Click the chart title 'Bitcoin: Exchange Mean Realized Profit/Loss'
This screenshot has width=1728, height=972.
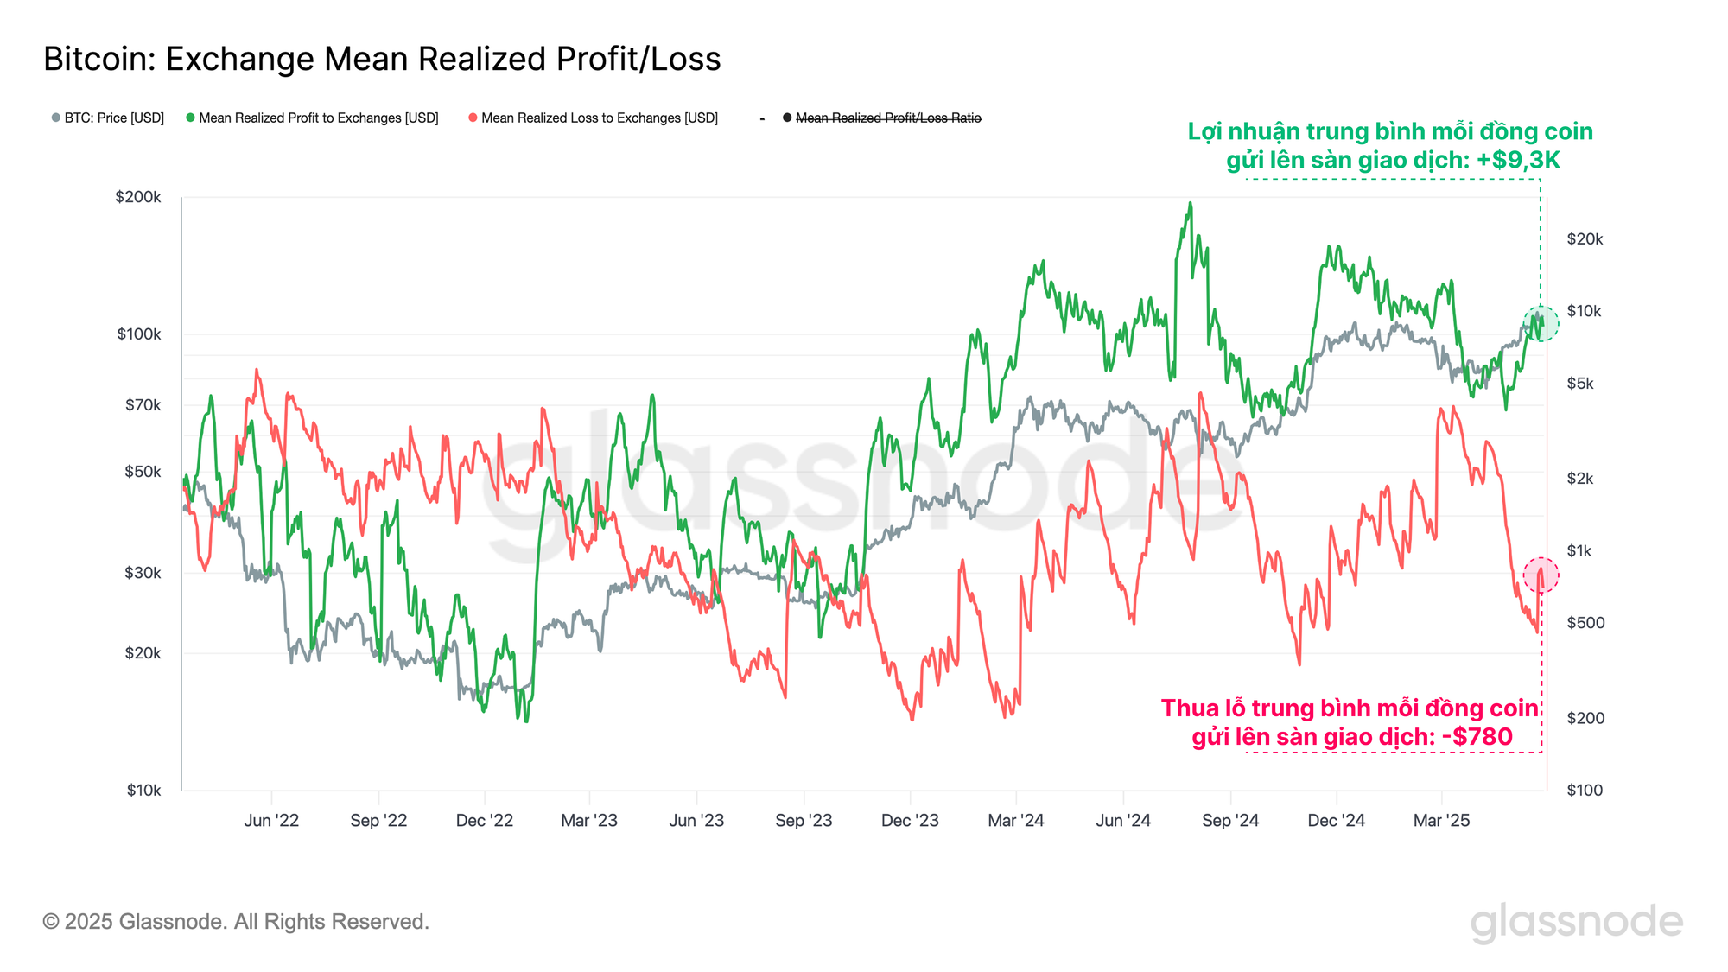coord(382,59)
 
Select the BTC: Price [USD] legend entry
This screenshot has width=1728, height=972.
coord(108,118)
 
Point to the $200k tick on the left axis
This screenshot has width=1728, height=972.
coord(138,197)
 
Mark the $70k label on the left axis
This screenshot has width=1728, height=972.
coord(143,404)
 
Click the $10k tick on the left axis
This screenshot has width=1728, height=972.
coord(143,790)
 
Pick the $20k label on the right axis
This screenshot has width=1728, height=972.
coord(1585,239)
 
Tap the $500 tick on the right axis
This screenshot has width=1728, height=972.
coord(1585,623)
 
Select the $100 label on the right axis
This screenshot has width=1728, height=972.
coord(1585,790)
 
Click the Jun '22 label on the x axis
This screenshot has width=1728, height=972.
coord(271,820)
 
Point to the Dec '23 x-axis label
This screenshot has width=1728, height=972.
coord(910,820)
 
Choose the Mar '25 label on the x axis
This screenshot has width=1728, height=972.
coord(1441,820)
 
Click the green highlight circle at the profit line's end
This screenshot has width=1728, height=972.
coord(1541,323)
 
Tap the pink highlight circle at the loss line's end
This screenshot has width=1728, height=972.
coord(1541,575)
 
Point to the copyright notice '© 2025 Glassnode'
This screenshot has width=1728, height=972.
coord(236,922)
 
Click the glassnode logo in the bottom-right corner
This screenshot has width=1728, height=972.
coord(1577,923)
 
